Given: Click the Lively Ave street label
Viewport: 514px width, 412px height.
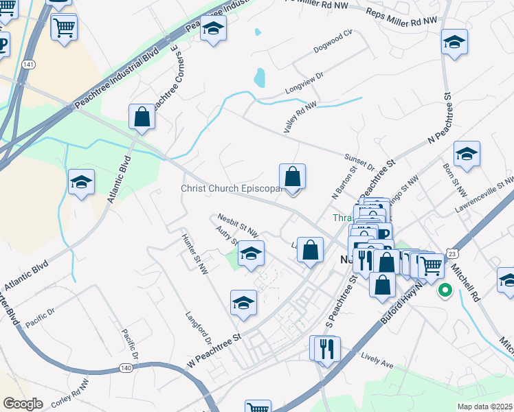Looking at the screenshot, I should point(377,362).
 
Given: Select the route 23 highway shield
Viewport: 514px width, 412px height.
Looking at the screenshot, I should point(451,254).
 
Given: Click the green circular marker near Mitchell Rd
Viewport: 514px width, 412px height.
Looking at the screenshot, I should point(445,290).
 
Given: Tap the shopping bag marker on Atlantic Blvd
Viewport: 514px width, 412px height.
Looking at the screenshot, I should point(142,118).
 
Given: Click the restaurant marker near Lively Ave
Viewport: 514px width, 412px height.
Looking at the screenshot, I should point(326,347).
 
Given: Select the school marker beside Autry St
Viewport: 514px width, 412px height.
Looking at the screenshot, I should point(252,253).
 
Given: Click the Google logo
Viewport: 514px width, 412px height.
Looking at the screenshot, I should point(23,404).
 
